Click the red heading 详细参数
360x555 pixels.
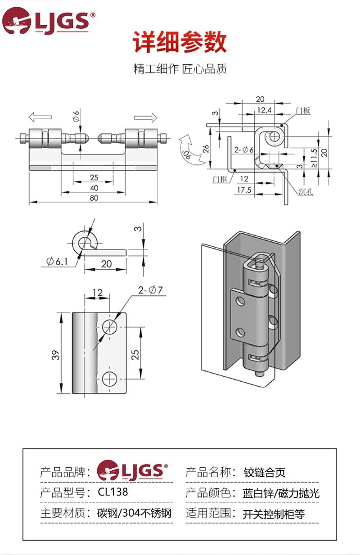tap(180, 41)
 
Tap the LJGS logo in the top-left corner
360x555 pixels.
tap(48, 21)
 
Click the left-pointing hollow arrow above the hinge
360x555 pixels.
tap(40, 117)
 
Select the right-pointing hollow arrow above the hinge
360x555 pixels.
tap(145, 117)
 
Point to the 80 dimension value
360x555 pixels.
tap(94, 198)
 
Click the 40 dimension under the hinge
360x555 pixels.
tap(94, 188)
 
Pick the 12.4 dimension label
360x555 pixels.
tap(264, 110)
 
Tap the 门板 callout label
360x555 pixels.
tap(303, 110)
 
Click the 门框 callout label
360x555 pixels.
tap(220, 179)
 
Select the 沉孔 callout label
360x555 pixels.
tap(306, 191)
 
